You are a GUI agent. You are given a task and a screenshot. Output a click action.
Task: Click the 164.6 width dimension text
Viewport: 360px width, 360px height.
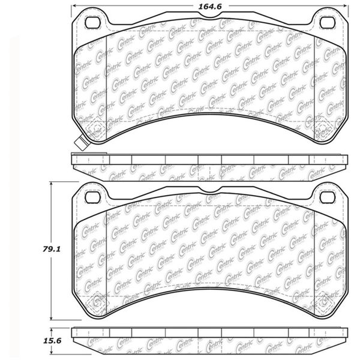tap(208, 7)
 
